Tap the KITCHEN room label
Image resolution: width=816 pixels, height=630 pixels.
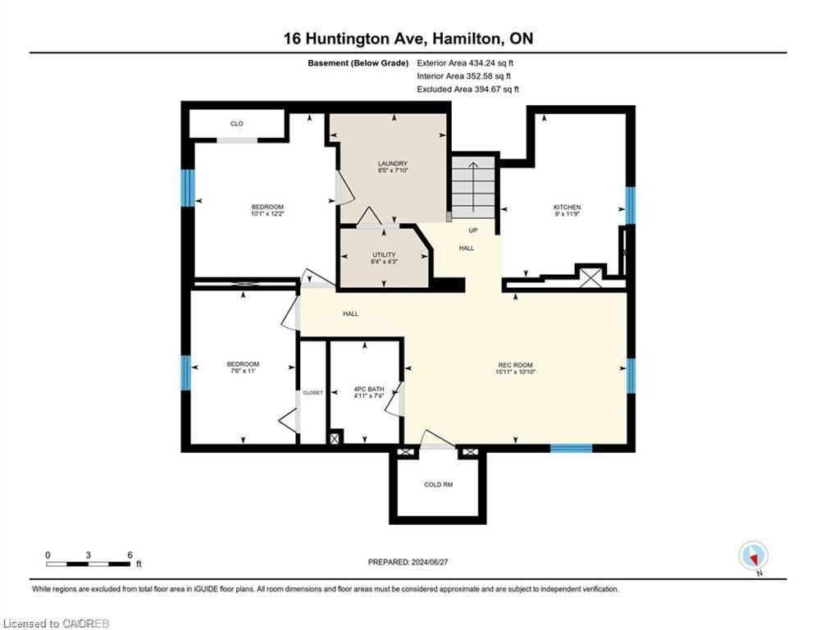pos(567,208)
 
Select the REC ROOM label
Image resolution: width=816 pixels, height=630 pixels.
pos(516,365)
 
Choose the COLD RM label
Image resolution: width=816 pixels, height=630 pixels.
pos(438,485)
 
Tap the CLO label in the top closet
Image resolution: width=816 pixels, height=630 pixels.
pos(236,124)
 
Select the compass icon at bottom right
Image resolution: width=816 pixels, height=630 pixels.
pos(752,555)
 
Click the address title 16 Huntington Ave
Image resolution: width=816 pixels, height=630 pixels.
pos(408,39)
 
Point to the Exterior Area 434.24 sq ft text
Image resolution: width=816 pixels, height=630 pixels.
pos(465,62)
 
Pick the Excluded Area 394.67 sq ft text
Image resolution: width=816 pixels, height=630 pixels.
pos(467,89)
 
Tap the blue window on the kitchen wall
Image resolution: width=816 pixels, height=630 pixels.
pos(630,205)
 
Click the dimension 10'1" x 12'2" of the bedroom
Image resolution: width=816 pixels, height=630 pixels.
pos(267,214)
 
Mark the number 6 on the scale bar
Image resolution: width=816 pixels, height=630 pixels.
pos(130,555)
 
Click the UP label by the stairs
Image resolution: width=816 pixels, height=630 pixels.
pos(472,231)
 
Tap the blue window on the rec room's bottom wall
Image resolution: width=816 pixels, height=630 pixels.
pos(571,448)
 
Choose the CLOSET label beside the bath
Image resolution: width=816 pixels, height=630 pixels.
pos(312,393)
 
